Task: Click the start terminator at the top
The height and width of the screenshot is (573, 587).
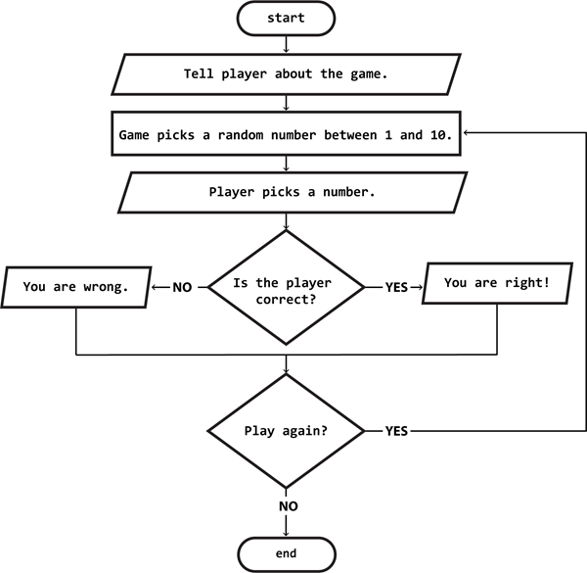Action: [x=286, y=17]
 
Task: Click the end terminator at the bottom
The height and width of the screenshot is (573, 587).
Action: [x=286, y=553]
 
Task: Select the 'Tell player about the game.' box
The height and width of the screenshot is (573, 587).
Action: [x=286, y=73]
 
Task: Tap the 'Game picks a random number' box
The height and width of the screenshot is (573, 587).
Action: [x=286, y=134]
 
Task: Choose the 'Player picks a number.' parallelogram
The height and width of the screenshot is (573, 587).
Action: [x=286, y=192]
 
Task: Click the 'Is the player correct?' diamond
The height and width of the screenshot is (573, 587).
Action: [x=286, y=288]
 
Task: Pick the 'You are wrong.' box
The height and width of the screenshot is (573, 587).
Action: [x=74, y=288]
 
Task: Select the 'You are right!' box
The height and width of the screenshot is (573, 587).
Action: [x=496, y=283]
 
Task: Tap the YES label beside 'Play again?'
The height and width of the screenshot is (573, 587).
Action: [x=396, y=431]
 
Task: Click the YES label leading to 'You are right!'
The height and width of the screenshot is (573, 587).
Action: [x=396, y=288]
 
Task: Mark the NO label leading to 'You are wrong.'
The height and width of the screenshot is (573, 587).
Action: [x=182, y=288]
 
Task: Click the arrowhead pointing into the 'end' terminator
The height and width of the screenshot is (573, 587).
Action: [x=286, y=531]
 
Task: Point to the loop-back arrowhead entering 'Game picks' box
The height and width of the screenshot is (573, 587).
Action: [x=469, y=134]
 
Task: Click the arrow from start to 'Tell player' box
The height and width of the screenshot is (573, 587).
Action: [x=286, y=43]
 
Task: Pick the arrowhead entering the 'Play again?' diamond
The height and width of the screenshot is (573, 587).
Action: [x=286, y=372]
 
